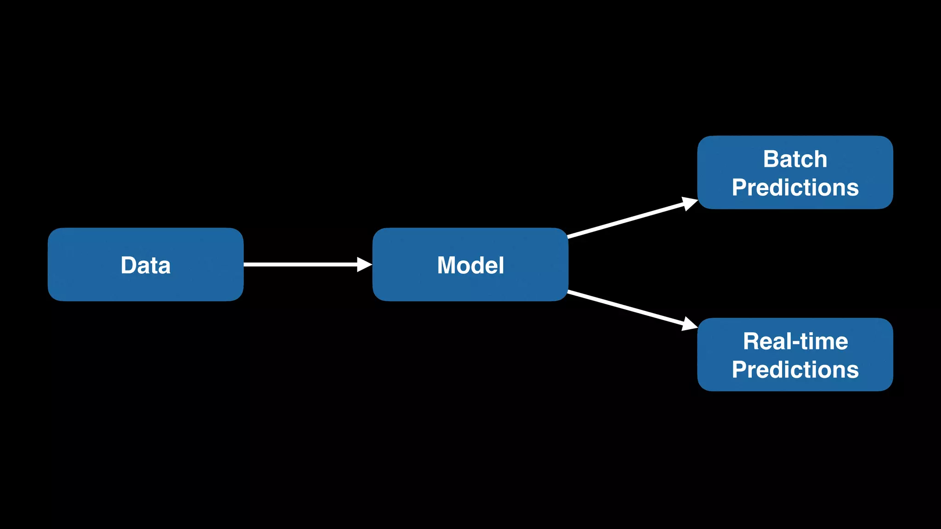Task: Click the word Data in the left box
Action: (x=145, y=265)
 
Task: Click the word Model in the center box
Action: (x=470, y=265)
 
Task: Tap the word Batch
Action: (x=795, y=159)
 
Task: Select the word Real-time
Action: (x=795, y=342)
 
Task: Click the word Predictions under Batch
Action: (x=795, y=188)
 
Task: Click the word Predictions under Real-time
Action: (x=795, y=370)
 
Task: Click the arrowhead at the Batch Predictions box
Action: (x=689, y=203)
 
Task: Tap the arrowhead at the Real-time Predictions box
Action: (x=689, y=324)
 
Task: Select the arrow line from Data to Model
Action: (x=299, y=264)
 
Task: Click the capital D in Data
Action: (x=128, y=265)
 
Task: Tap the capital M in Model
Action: (x=448, y=265)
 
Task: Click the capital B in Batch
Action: (x=772, y=159)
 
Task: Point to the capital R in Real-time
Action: (x=753, y=342)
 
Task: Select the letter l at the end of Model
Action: (x=502, y=265)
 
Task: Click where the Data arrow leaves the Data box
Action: (x=245, y=264)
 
